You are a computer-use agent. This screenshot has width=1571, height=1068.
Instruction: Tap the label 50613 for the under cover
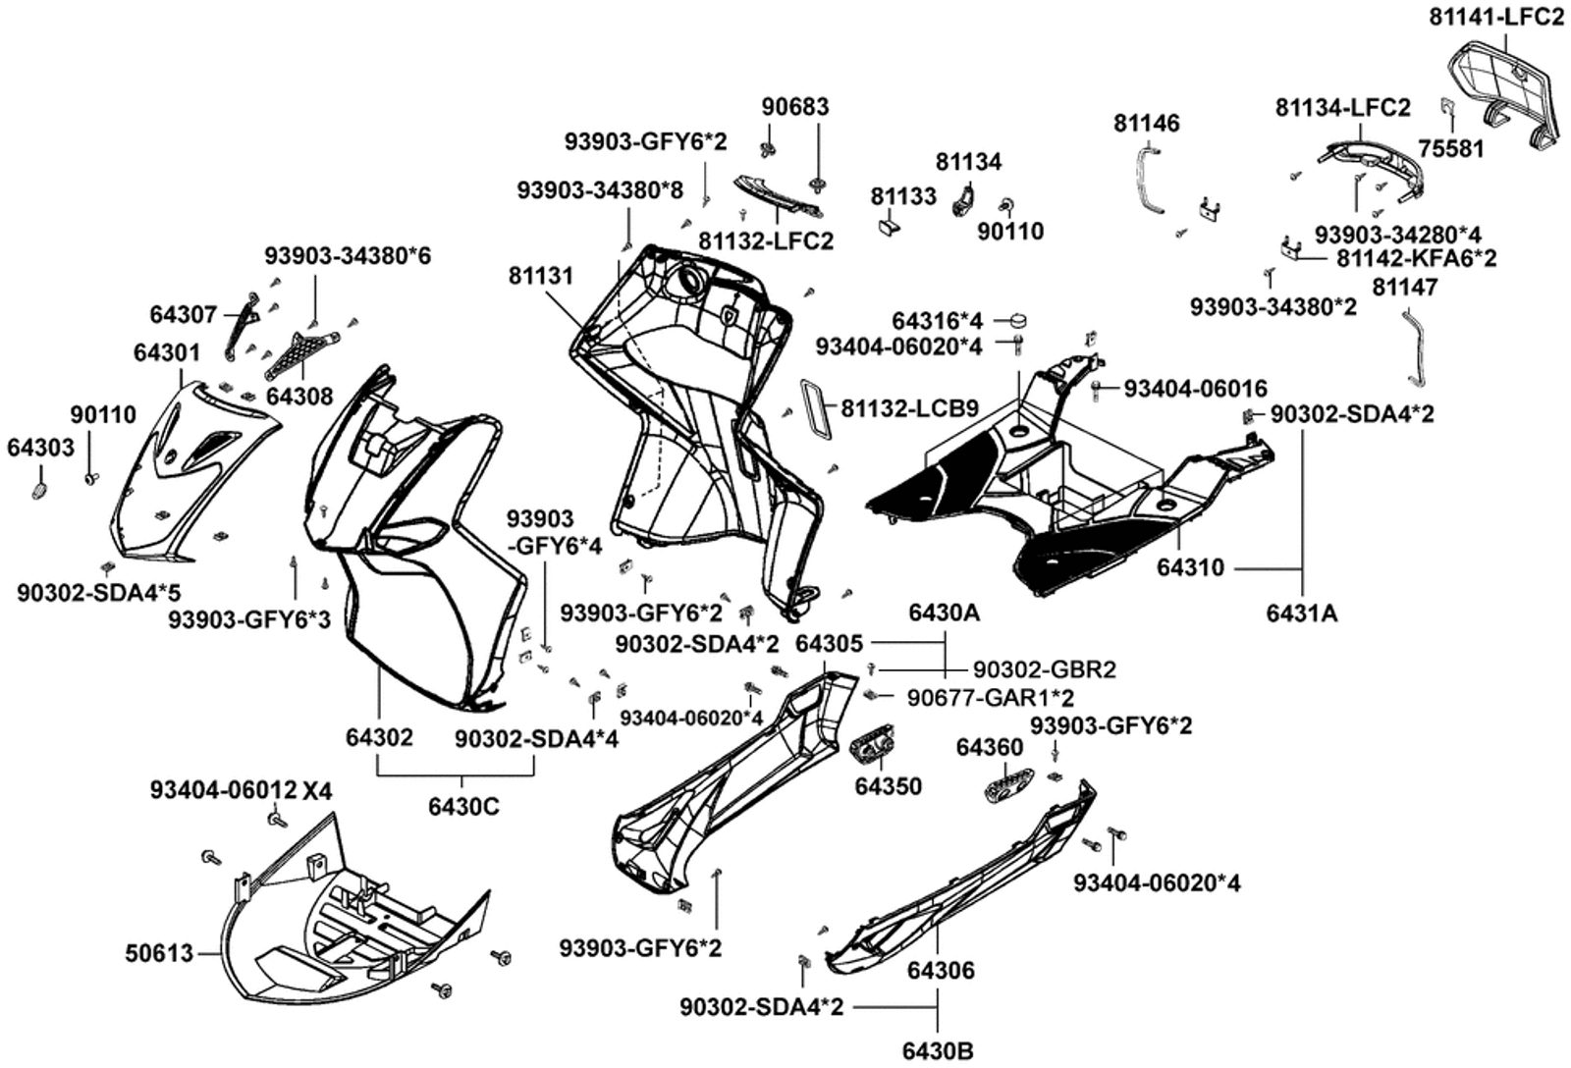(159, 952)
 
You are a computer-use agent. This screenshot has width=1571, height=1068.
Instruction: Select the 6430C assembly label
(463, 806)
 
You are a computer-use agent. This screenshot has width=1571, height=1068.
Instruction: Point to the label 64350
(888, 786)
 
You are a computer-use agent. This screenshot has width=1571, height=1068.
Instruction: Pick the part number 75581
(1451, 148)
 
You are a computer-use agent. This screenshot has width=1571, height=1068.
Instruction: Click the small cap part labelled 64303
(40, 489)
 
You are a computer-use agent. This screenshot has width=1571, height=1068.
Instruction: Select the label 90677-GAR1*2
(990, 698)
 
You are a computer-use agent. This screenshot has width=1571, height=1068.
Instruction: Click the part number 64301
(167, 351)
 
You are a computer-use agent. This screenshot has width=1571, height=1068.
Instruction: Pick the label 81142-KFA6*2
(1417, 259)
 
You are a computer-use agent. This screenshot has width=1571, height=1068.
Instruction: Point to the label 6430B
(941, 1050)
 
